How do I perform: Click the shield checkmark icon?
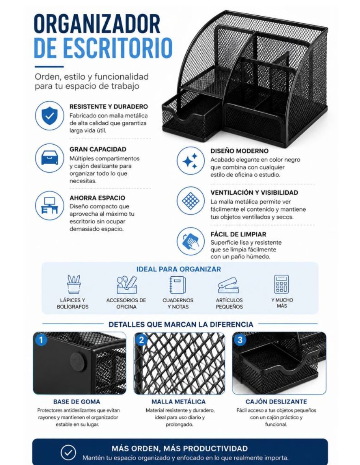tap(49, 116)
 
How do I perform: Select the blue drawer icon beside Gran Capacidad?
tap(49, 158)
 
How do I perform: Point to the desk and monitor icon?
tap(49, 206)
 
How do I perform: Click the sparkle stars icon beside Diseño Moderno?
tap(190, 160)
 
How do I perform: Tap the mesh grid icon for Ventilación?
tap(190, 201)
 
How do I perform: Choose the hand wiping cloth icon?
tap(190, 241)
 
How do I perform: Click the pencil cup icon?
tap(74, 284)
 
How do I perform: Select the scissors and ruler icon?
tap(127, 284)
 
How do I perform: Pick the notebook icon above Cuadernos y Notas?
tap(177, 285)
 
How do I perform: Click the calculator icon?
tap(281, 284)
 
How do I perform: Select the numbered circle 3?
tap(240, 340)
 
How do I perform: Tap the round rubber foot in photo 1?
tap(78, 362)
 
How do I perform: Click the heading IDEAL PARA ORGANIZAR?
tap(179, 269)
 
